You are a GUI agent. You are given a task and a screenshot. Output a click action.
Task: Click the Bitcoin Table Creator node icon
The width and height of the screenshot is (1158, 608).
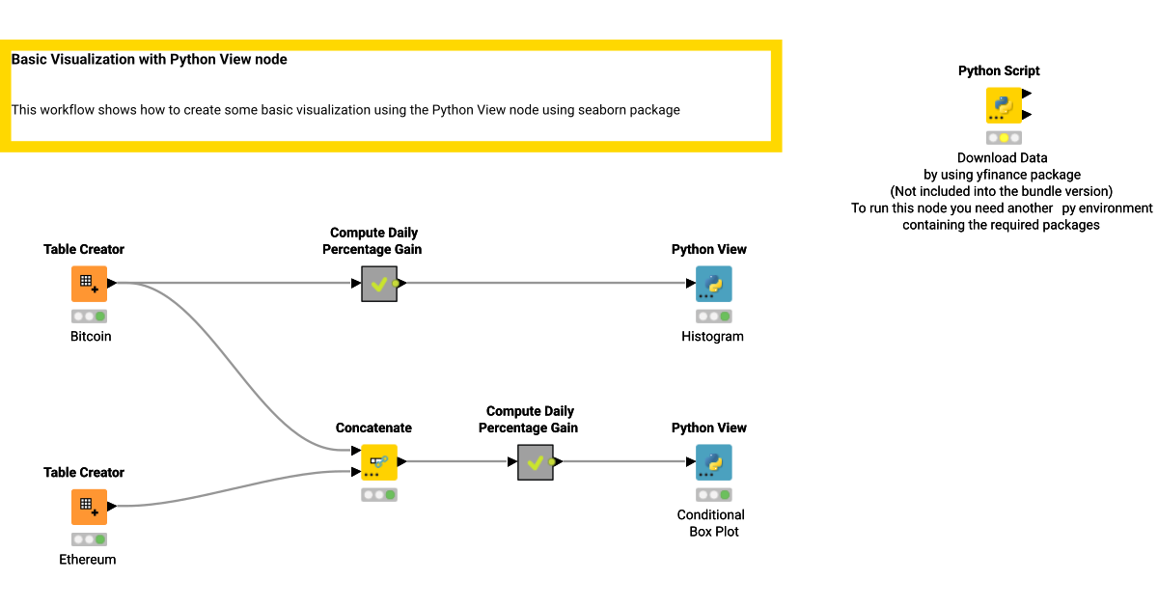tap(89, 284)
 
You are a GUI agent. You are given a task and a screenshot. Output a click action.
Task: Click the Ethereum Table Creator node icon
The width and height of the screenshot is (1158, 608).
tap(89, 507)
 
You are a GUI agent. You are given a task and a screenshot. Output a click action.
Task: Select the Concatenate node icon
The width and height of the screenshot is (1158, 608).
tap(378, 462)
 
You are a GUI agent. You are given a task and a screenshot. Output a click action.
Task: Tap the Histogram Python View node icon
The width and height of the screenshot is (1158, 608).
tap(714, 284)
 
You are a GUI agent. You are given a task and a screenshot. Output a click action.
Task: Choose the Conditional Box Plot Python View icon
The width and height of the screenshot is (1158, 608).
tap(714, 462)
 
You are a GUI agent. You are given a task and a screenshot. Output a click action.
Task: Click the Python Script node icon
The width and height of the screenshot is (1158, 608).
tap(1004, 105)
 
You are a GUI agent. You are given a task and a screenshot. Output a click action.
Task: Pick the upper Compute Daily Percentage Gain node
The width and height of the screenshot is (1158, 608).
tap(379, 284)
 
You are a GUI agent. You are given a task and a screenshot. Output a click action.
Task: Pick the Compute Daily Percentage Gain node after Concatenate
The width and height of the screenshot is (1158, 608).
tap(535, 462)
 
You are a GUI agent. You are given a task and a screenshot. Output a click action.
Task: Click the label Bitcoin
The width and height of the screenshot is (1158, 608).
tap(91, 337)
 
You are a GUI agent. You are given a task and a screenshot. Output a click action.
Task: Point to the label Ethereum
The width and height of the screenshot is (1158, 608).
tap(88, 560)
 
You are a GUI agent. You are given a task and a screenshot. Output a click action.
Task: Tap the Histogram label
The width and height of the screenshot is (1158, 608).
tap(712, 337)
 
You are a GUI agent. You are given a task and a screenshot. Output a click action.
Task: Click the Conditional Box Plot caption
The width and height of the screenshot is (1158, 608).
tap(711, 523)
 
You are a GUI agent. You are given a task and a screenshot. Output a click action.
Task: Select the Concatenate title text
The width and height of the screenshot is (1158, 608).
tap(373, 428)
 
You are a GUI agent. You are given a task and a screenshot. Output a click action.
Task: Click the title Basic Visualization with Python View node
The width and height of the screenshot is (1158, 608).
tap(150, 59)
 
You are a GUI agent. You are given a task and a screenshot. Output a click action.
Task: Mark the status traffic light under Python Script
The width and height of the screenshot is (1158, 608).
tap(1004, 138)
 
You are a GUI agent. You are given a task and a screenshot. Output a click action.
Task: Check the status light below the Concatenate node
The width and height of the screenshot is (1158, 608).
tap(379, 495)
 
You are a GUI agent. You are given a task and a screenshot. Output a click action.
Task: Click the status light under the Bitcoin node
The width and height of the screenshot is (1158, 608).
tap(89, 317)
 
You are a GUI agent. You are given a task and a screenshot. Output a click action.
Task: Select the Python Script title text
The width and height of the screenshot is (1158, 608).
tap(999, 70)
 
